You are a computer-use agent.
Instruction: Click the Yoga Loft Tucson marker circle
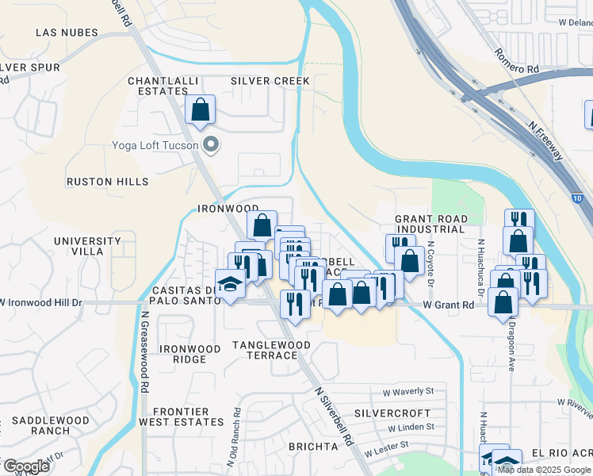[211, 144]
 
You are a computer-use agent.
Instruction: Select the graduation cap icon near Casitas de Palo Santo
[230, 285]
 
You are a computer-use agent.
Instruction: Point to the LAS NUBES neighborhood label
[67, 33]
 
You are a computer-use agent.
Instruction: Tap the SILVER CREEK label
[270, 81]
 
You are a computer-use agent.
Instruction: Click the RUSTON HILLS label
[107, 182]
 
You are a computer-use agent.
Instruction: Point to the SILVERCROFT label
[392, 413]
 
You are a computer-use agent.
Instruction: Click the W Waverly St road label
[408, 391]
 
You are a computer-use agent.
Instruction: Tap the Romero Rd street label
[516, 61]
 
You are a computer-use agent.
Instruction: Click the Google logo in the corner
[25, 466]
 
